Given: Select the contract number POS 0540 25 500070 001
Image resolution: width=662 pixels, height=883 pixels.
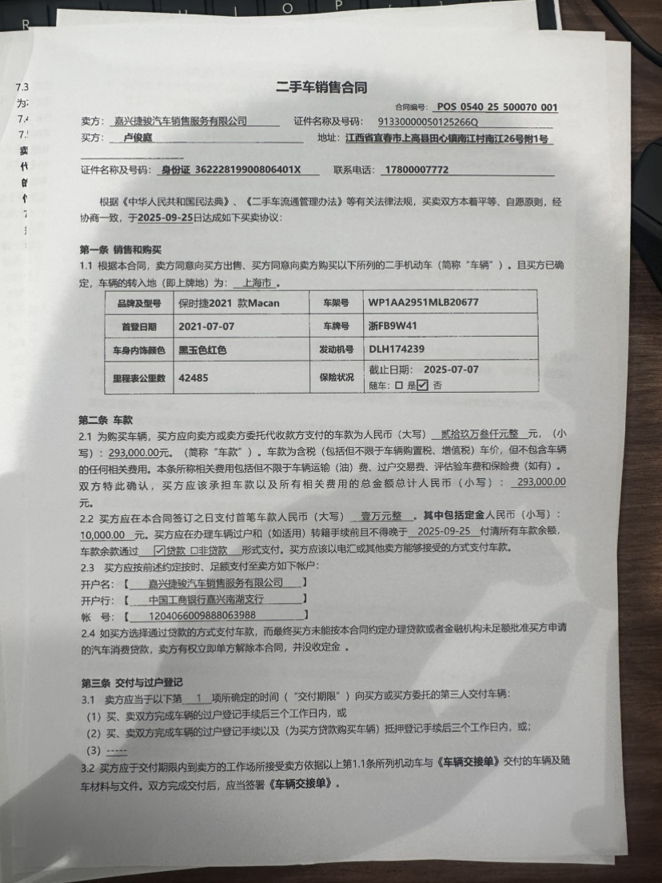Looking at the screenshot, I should coord(496,107).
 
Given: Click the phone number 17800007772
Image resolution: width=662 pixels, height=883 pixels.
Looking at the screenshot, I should coord(416,170).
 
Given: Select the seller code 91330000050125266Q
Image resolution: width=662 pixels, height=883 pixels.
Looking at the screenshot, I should coord(431,122).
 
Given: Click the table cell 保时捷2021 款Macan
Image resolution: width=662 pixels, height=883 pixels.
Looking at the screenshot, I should coord(217,303).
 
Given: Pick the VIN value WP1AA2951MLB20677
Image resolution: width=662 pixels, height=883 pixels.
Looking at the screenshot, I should coord(423,302).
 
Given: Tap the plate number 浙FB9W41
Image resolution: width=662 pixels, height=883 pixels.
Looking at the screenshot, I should coord(393,326).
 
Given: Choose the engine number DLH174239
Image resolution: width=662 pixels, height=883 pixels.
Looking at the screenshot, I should coord(397,349).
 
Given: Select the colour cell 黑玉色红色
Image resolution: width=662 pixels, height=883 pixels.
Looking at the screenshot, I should coord(203,350).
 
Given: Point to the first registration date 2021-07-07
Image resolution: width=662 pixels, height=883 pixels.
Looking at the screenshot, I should coord(206,326).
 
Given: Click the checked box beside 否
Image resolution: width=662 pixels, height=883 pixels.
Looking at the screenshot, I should coord(422,384).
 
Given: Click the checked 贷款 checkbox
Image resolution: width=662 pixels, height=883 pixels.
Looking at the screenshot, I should coord(159,551).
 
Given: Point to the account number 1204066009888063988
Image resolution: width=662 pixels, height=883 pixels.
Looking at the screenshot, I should coord(203,615).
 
